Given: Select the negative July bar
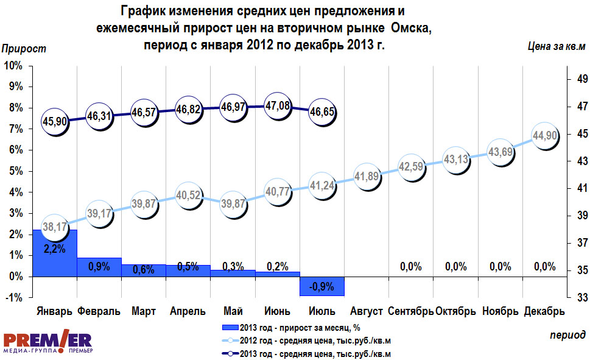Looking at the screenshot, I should (x=322, y=286).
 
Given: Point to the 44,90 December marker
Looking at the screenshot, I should (x=545, y=136).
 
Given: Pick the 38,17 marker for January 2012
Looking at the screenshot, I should (x=55, y=227).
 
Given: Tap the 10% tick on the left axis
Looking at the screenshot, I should (x=13, y=65).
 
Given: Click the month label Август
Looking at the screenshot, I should (x=367, y=311).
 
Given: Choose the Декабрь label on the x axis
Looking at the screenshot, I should (x=544, y=311).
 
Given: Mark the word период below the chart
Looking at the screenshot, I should (x=567, y=335).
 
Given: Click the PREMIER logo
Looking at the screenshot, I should (x=47, y=344).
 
